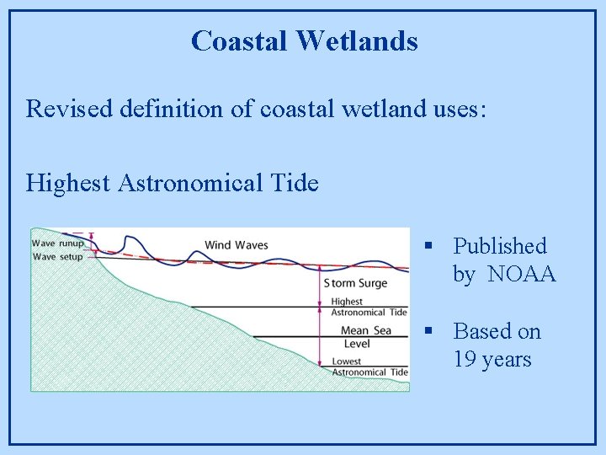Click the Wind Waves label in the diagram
pyautogui.click(x=236, y=245)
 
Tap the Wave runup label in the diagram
pyautogui.click(x=57, y=243)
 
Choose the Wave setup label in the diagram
pyautogui.click(x=57, y=256)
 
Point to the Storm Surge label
pyautogui.click(x=355, y=283)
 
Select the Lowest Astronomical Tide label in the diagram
pyautogui.click(x=369, y=367)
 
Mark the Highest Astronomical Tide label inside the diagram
pyautogui.click(x=369, y=307)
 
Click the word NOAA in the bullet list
pyautogui.click(x=522, y=275)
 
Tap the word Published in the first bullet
pyautogui.click(x=500, y=246)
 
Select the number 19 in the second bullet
pyautogui.click(x=464, y=360)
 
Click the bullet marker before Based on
pyautogui.click(x=428, y=331)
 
